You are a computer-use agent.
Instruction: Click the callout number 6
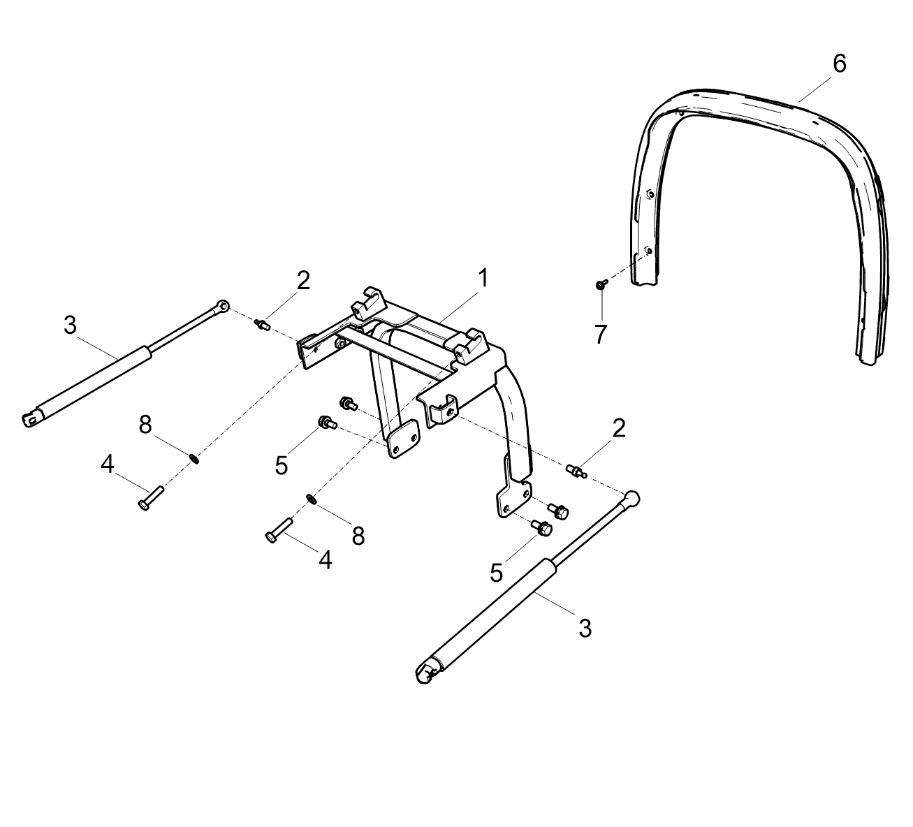coord(839,64)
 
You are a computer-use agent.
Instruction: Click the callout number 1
coord(483,278)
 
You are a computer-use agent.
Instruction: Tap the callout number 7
coord(601,335)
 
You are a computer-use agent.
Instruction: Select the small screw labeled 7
coord(601,284)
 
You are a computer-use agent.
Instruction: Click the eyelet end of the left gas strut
coord(221,306)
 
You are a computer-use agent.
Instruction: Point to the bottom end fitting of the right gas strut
coord(426,675)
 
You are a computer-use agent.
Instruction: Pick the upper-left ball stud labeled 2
coord(262,325)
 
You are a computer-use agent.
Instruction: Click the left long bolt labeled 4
coord(149,499)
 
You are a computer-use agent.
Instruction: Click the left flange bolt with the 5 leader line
coord(327,423)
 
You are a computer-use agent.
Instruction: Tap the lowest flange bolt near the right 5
coord(542,527)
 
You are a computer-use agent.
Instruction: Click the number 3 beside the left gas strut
coord(70,325)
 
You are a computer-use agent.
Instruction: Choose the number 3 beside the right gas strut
coord(585,628)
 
